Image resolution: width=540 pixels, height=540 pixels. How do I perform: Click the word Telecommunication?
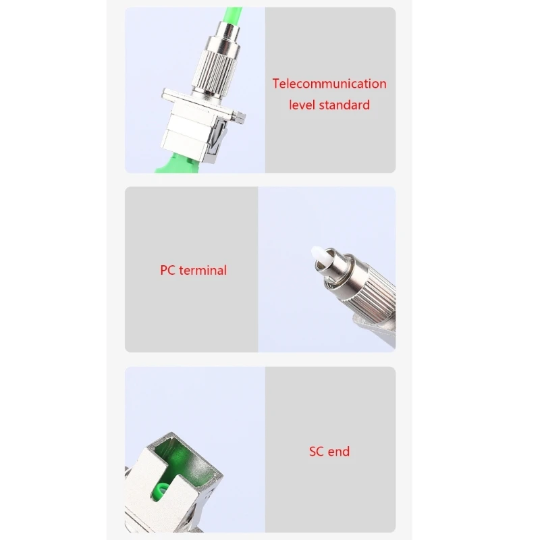[329, 84]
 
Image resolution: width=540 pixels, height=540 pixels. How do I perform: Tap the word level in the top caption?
[302, 105]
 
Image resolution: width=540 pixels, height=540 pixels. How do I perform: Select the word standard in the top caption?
[344, 105]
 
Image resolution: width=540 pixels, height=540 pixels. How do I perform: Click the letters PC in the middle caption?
[167, 270]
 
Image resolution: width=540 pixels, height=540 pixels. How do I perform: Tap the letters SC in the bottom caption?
[317, 452]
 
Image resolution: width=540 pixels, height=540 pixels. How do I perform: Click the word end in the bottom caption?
[340, 452]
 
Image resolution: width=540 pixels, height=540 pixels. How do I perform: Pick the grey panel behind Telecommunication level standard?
[329, 142]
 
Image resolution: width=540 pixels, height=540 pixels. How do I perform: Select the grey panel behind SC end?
[329, 500]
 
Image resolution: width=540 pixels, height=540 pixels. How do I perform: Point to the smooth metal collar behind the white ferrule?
[333, 267]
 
